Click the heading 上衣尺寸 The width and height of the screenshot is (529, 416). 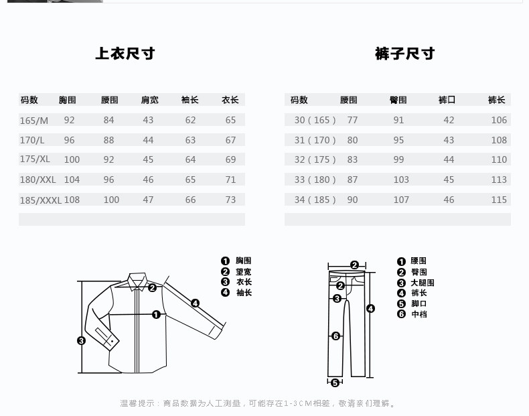(125, 54)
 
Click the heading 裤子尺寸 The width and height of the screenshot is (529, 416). (404, 54)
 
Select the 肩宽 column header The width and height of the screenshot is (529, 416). (149, 100)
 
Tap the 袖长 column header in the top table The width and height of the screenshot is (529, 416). (190, 100)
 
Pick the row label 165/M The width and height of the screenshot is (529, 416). (34, 121)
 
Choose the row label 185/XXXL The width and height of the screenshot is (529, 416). (41, 200)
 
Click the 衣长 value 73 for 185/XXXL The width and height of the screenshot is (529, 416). (230, 200)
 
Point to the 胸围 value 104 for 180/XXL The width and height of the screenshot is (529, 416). (72, 180)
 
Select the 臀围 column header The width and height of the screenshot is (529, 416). (398, 100)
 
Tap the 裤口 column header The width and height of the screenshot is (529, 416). (447, 100)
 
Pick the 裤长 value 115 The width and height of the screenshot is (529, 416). (499, 200)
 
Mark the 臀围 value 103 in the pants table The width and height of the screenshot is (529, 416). (401, 180)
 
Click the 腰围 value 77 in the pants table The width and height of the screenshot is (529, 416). (352, 121)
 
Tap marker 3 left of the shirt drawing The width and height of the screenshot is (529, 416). (81, 340)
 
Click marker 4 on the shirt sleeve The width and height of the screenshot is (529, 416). (195, 303)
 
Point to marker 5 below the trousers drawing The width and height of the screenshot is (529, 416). (335, 383)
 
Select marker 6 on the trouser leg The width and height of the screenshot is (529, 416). (336, 336)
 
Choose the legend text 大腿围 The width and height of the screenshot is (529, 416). (423, 283)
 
